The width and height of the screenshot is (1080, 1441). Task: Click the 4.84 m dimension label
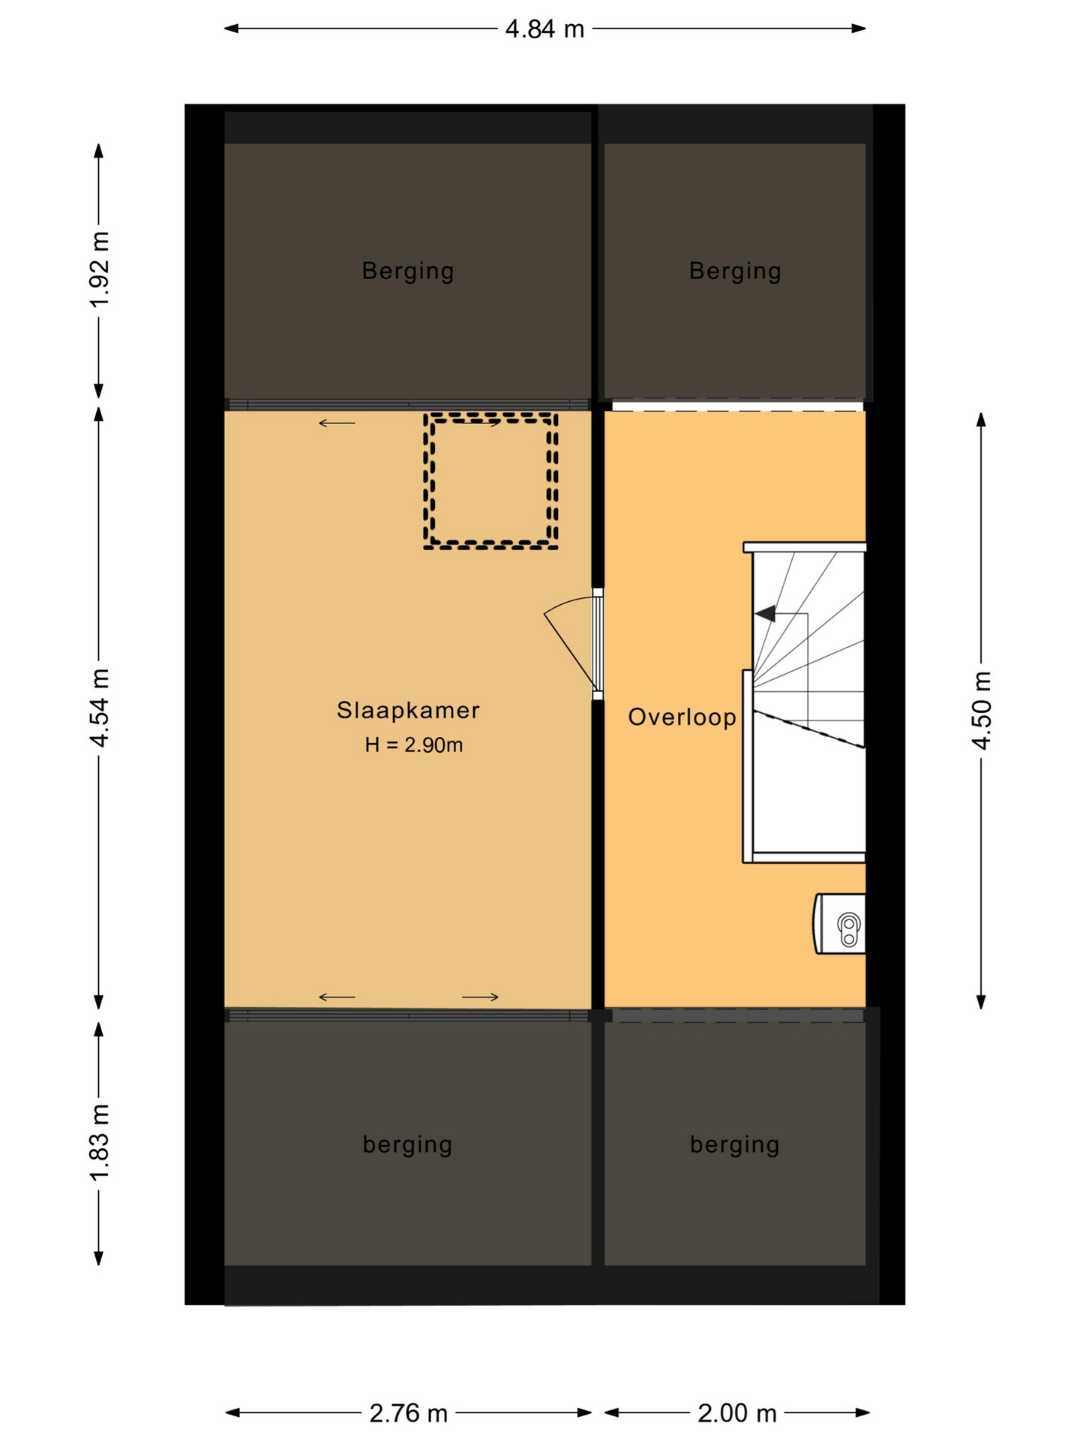(544, 29)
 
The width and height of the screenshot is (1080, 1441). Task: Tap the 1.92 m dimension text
(100, 269)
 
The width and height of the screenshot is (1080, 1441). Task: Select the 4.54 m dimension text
(100, 708)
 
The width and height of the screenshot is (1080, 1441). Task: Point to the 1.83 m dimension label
(100, 1142)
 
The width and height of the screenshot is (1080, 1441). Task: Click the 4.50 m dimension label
(982, 710)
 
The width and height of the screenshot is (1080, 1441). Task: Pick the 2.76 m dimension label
(408, 1414)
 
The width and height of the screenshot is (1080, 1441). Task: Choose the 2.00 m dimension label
(736, 1414)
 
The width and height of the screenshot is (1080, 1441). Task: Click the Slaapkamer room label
(408, 710)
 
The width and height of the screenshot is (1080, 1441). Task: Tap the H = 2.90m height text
(414, 745)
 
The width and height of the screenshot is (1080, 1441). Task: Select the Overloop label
(682, 717)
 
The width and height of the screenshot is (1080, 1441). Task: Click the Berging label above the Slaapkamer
(408, 271)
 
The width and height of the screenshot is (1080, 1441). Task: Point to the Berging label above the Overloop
(735, 271)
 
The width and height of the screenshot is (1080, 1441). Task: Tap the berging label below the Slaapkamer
(407, 1145)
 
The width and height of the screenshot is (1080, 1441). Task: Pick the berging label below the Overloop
(734, 1145)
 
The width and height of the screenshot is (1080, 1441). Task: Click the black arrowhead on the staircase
(765, 614)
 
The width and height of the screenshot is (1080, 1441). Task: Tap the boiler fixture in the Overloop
(839, 924)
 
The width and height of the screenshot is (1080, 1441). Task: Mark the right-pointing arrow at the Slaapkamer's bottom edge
(480, 997)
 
